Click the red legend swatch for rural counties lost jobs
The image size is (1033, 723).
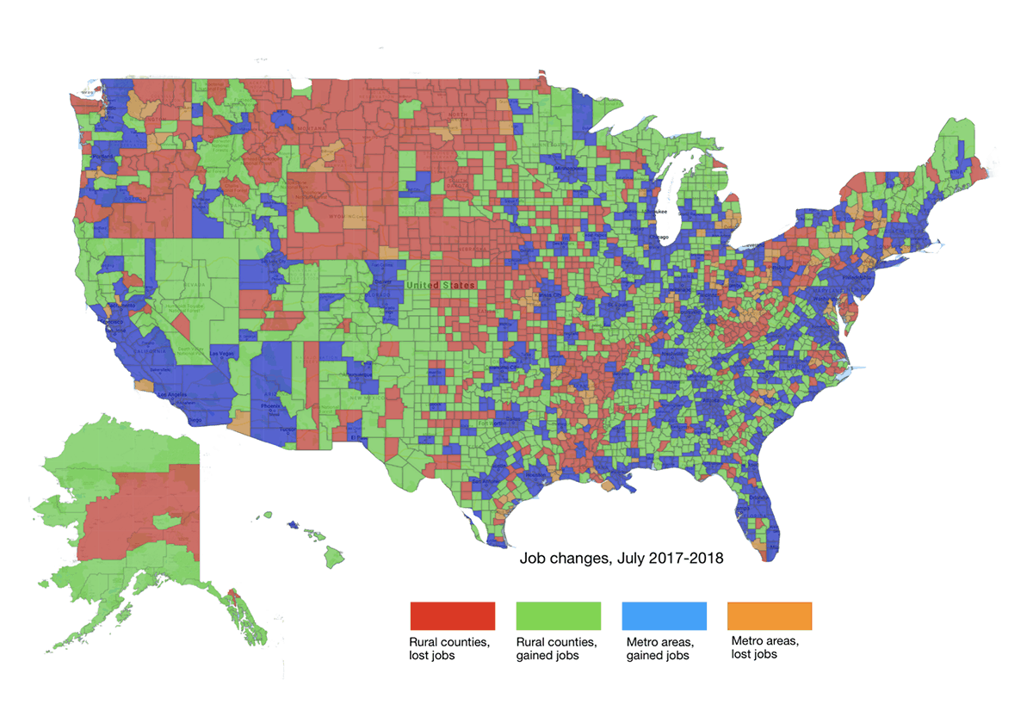pos(453,616)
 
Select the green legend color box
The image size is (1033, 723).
pos(558,616)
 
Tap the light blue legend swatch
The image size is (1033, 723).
pos(664,616)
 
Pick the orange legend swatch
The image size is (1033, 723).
pos(770,616)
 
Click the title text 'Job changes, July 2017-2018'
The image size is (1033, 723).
pos(621,559)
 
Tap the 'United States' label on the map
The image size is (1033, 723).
pos(440,285)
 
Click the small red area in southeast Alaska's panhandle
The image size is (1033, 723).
pos(233,596)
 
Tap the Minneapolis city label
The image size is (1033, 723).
pos(567,168)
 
